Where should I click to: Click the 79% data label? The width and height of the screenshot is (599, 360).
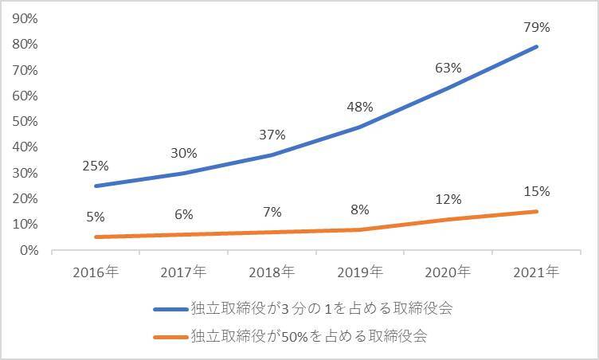coord(538,28)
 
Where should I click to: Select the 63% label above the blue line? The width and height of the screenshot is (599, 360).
coord(448,68)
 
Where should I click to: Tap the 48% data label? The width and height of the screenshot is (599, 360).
coord(359,107)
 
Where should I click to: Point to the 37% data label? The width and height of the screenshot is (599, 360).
coord(272,135)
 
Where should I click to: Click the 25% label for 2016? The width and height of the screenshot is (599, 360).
coord(96,166)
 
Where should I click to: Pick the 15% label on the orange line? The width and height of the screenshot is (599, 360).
coord(538,191)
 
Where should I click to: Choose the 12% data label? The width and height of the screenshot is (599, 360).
coord(448,199)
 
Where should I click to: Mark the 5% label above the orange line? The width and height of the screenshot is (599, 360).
coord(96,217)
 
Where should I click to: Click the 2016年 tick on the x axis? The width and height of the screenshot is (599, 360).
coord(96,272)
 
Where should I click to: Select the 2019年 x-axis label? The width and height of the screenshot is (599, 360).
coord(359,272)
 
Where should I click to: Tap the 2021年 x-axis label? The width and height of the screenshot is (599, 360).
coord(538,272)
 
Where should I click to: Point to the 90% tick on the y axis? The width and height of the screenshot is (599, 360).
coord(26,18)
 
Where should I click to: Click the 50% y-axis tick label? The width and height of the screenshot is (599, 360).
coord(26,121)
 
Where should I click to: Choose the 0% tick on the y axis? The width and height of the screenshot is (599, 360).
coord(29,250)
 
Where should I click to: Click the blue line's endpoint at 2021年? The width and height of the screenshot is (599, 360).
coord(538,46)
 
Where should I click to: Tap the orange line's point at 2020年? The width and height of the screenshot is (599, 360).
coord(448,219)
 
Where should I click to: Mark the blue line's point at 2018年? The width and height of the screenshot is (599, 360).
coord(272,155)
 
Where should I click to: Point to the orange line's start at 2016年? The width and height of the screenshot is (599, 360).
coord(96,237)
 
